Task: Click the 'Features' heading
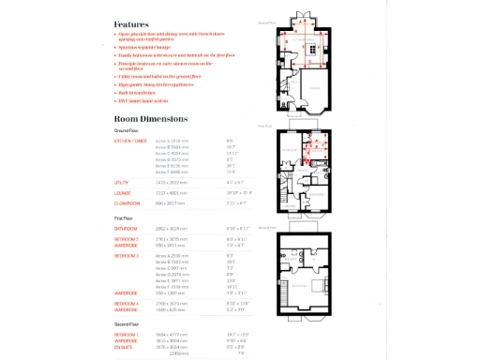click(x=131, y=24)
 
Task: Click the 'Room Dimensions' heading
click(x=150, y=119)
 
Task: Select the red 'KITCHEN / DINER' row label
click(x=130, y=140)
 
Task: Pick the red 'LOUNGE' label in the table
click(x=121, y=192)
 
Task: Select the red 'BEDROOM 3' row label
click(x=126, y=255)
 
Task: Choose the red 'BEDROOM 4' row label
click(x=126, y=303)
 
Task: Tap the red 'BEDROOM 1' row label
click(x=126, y=334)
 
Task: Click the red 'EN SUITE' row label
click(x=124, y=345)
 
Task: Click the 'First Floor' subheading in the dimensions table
click(x=124, y=217)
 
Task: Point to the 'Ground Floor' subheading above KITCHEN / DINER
click(x=127, y=130)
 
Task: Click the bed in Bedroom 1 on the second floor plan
click(x=317, y=283)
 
